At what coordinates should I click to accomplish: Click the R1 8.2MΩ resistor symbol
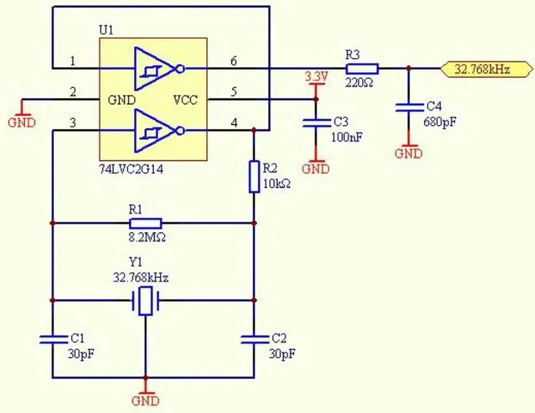point(145,223)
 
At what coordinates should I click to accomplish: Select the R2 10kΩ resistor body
point(254,176)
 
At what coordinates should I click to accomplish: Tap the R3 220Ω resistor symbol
point(361,68)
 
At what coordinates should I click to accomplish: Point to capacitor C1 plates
point(53,340)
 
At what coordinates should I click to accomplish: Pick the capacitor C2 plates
point(254,340)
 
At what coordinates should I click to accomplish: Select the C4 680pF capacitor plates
point(408,108)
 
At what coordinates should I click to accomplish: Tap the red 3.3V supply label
point(316,77)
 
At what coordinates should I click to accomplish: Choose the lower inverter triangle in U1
point(155,131)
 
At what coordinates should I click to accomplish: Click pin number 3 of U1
point(72,123)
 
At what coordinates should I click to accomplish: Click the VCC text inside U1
point(185,100)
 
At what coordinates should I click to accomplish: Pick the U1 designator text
point(107,30)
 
